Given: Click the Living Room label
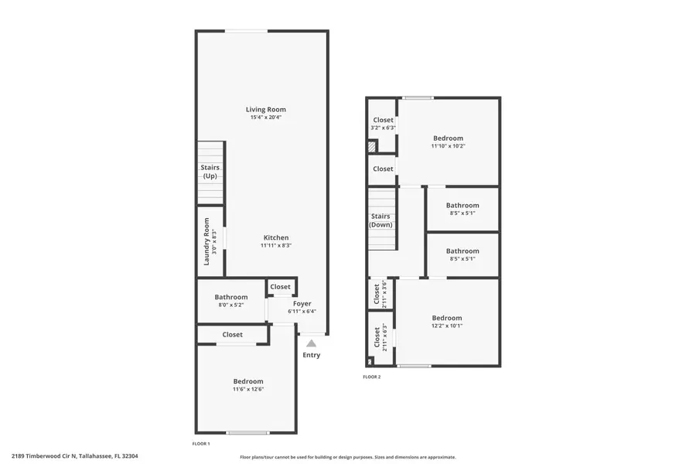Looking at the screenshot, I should tap(266, 110).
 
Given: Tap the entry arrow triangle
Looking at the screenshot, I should tap(311, 343).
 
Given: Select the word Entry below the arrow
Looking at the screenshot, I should tap(311, 356).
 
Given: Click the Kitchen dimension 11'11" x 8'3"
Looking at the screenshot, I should tap(276, 245).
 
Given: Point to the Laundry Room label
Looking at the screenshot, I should tap(206, 241).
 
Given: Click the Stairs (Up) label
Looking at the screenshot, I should tap(210, 172).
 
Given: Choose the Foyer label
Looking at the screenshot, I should tap(302, 304).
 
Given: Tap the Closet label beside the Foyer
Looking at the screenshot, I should tap(281, 287).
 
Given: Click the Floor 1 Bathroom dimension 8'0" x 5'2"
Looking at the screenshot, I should tap(231, 305).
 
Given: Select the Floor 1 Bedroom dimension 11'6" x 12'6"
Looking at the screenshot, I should tap(248, 389).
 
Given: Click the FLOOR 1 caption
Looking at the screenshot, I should tap(201, 444).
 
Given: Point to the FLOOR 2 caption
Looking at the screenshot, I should tap(372, 377).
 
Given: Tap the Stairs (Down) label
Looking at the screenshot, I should tap(381, 220).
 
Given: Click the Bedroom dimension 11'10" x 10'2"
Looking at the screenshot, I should tap(449, 145).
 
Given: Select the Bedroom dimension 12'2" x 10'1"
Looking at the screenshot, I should tap(447, 326).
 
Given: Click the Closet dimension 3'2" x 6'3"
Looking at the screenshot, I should tap(384, 128).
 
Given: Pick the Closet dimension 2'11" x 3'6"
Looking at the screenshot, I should tap(384, 295).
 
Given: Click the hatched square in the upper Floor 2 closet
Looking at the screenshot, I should tap(372, 146).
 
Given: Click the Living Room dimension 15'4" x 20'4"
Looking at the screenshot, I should tap(266, 118).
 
